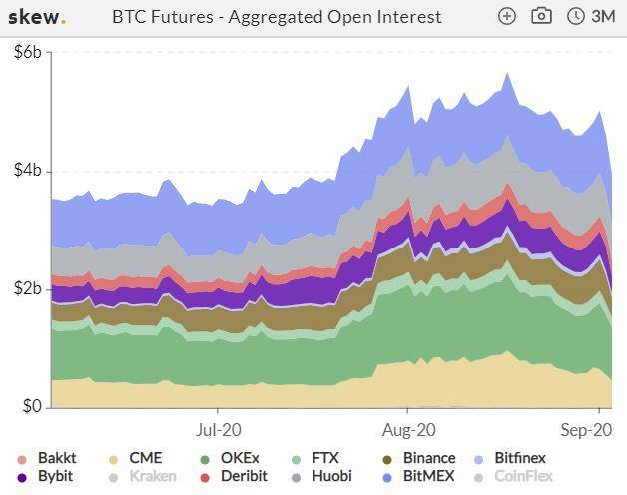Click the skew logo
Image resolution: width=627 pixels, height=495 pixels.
[37, 16]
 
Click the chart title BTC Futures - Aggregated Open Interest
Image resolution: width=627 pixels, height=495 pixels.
[277, 16]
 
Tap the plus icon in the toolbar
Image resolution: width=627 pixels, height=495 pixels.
[507, 16]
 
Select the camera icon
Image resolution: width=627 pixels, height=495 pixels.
[541, 16]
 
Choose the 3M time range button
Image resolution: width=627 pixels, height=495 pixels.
[591, 16]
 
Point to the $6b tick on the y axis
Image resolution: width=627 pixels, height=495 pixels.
[27, 53]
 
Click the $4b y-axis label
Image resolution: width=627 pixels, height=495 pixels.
[27, 171]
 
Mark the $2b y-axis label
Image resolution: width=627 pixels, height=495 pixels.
[27, 289]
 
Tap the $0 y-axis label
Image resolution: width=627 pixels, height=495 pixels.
[31, 407]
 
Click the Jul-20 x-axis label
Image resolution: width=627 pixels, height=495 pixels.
[218, 431]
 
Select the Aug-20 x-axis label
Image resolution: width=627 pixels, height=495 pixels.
[408, 431]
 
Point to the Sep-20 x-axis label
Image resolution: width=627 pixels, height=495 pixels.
[586, 431]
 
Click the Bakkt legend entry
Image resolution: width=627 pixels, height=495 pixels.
[56, 459]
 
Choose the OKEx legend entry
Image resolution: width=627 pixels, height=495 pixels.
[239, 459]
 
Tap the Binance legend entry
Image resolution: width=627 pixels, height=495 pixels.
[428, 459]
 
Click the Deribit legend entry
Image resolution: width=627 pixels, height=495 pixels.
[243, 477]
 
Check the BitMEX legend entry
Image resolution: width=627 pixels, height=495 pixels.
[428, 477]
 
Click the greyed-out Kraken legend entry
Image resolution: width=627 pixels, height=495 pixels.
[152, 477]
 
